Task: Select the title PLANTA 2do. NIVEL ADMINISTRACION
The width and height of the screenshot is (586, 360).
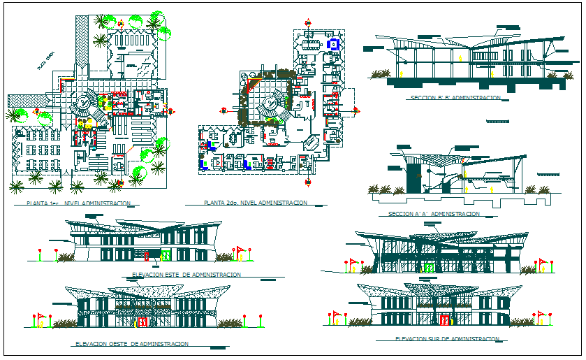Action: (256, 203)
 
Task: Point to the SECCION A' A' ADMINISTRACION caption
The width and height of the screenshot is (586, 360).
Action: (434, 214)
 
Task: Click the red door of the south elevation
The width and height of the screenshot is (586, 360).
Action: (444, 320)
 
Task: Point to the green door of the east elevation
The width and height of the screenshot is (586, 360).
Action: (166, 257)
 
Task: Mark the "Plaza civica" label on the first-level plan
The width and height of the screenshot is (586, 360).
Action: (46, 62)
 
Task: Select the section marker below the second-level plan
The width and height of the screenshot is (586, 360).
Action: (308, 183)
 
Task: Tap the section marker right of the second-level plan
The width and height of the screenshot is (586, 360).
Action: (356, 110)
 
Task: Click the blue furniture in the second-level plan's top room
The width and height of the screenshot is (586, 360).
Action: (334, 44)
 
